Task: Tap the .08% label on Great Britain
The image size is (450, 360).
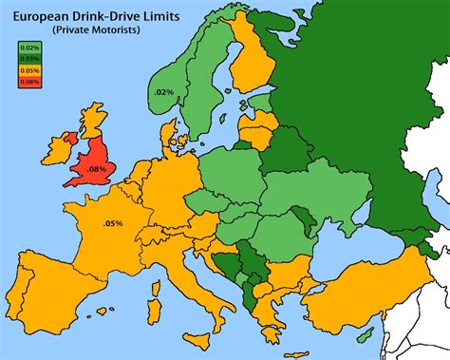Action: (x=96, y=169)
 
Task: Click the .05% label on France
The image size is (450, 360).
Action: (x=113, y=224)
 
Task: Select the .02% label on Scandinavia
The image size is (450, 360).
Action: (x=163, y=91)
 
